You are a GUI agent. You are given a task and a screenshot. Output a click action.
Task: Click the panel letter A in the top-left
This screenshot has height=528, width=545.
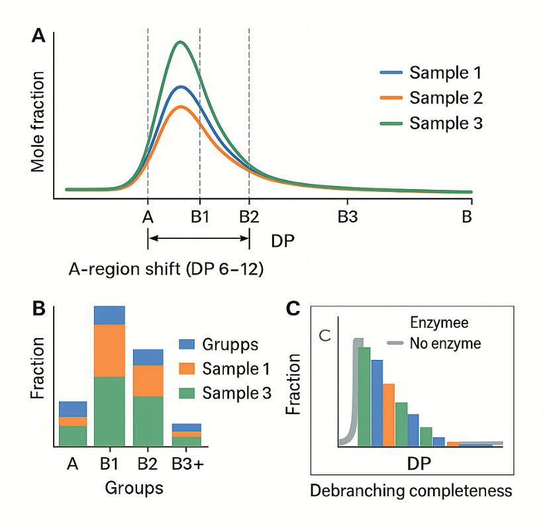[x=39, y=36]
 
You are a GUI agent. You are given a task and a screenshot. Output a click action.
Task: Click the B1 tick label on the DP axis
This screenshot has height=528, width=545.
[x=200, y=217]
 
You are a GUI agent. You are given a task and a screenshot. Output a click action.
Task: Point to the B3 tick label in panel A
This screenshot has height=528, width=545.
[x=348, y=217]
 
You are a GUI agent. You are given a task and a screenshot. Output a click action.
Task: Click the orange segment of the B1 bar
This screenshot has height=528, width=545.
[x=109, y=350]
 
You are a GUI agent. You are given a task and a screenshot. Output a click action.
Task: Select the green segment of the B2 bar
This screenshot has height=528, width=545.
[x=148, y=420]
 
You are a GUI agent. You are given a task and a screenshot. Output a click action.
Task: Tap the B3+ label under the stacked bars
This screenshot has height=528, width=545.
[x=187, y=465]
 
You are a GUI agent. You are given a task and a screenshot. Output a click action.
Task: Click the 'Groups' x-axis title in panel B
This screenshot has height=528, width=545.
[x=134, y=489]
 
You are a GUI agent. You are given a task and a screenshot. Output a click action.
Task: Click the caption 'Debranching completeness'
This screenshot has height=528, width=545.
[x=411, y=491]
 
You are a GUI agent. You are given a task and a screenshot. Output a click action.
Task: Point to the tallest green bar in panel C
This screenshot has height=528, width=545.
[x=364, y=395]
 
